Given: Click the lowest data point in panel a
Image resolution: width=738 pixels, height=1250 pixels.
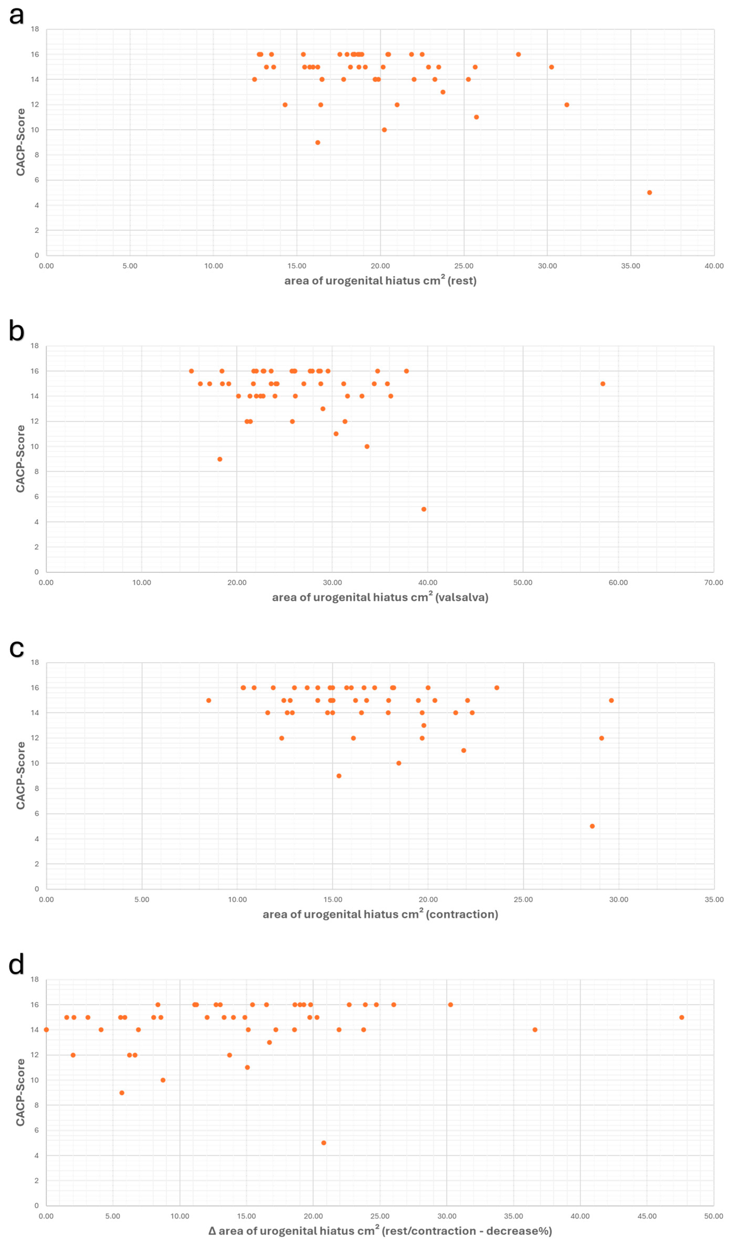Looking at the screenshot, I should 649,193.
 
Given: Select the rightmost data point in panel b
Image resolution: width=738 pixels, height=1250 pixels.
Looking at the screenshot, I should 603,384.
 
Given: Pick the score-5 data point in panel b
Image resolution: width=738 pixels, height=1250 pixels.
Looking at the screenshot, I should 424,509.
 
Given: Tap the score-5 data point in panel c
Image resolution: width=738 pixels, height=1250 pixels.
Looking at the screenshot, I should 592,826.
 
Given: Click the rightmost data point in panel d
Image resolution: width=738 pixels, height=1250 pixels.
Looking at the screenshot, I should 682,1017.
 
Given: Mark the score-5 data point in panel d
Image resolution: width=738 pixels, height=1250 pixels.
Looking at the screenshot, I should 324,1143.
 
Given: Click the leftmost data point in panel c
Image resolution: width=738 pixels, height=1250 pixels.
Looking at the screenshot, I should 209,701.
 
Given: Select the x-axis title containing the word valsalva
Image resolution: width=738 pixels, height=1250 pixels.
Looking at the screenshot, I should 380,597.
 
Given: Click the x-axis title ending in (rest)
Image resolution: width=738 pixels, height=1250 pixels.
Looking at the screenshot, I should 380,281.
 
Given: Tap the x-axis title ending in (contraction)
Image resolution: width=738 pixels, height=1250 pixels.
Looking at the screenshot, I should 380,914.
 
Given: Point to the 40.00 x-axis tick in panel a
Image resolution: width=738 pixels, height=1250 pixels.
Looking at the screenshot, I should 714,266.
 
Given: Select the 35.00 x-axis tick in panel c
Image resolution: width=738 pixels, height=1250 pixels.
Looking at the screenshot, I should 714,899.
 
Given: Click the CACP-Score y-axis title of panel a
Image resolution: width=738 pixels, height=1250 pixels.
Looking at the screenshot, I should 21,142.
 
